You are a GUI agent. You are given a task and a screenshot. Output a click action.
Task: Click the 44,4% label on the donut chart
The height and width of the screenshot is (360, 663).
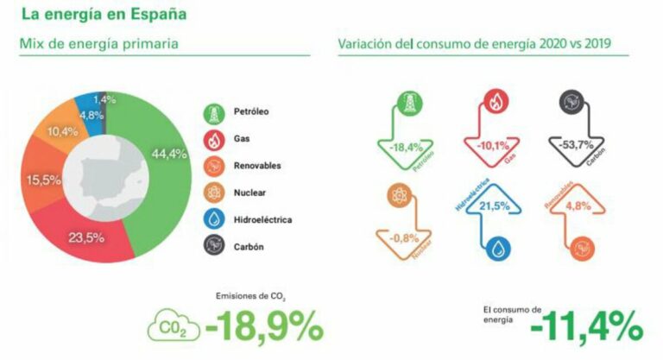(168, 155)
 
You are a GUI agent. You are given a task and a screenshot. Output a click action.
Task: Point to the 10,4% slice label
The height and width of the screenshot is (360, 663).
(63, 131)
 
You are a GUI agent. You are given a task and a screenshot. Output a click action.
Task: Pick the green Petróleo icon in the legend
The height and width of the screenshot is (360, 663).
(213, 112)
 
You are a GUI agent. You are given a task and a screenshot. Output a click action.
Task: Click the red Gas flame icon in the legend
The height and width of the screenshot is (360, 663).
(213, 139)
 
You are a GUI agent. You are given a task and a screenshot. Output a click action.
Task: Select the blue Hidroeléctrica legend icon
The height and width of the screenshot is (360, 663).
(213, 219)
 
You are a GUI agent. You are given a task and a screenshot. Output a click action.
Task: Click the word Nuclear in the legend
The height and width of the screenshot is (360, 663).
(249, 193)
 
